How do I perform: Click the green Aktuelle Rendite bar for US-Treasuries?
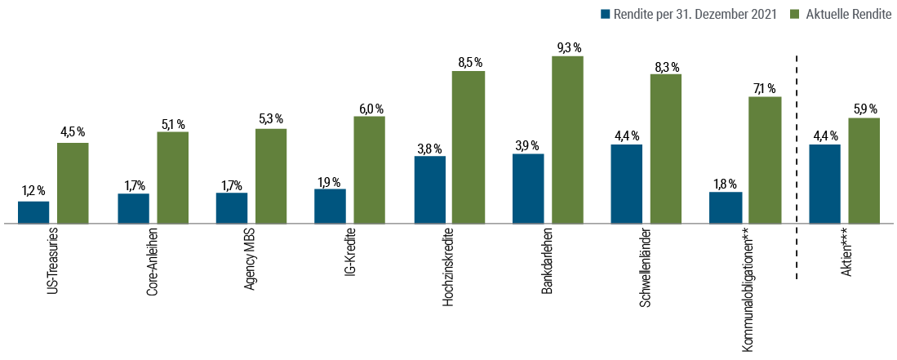tap(73, 182)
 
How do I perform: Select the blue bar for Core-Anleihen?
tap(133, 207)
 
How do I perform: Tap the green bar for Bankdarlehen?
tap(567, 139)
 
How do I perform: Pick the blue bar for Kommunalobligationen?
tap(726, 207)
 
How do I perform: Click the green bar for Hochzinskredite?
tap(468, 146)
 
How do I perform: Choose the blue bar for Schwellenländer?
tap(626, 183)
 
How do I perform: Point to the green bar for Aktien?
tap(864, 170)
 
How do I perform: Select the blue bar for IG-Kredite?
tap(330, 205)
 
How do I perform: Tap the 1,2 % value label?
tap(33, 191)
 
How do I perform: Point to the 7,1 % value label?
tap(765, 88)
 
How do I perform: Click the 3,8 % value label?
tap(429, 148)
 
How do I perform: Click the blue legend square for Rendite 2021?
tap(605, 14)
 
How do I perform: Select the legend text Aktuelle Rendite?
tap(848, 14)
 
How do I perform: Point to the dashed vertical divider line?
tap(797, 163)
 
